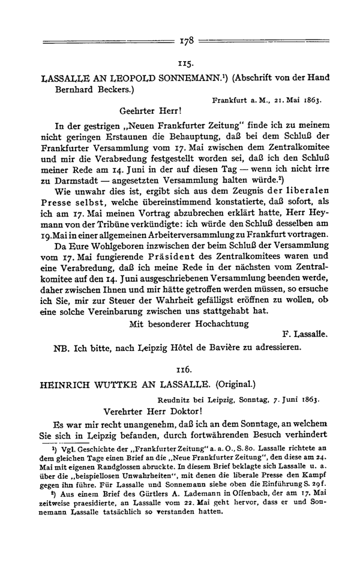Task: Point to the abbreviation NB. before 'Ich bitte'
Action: tap(64, 348)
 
